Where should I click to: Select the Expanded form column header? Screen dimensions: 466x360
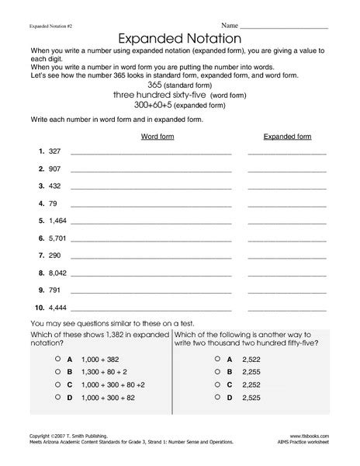(287, 136)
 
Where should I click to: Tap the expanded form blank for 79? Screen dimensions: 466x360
(287, 206)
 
